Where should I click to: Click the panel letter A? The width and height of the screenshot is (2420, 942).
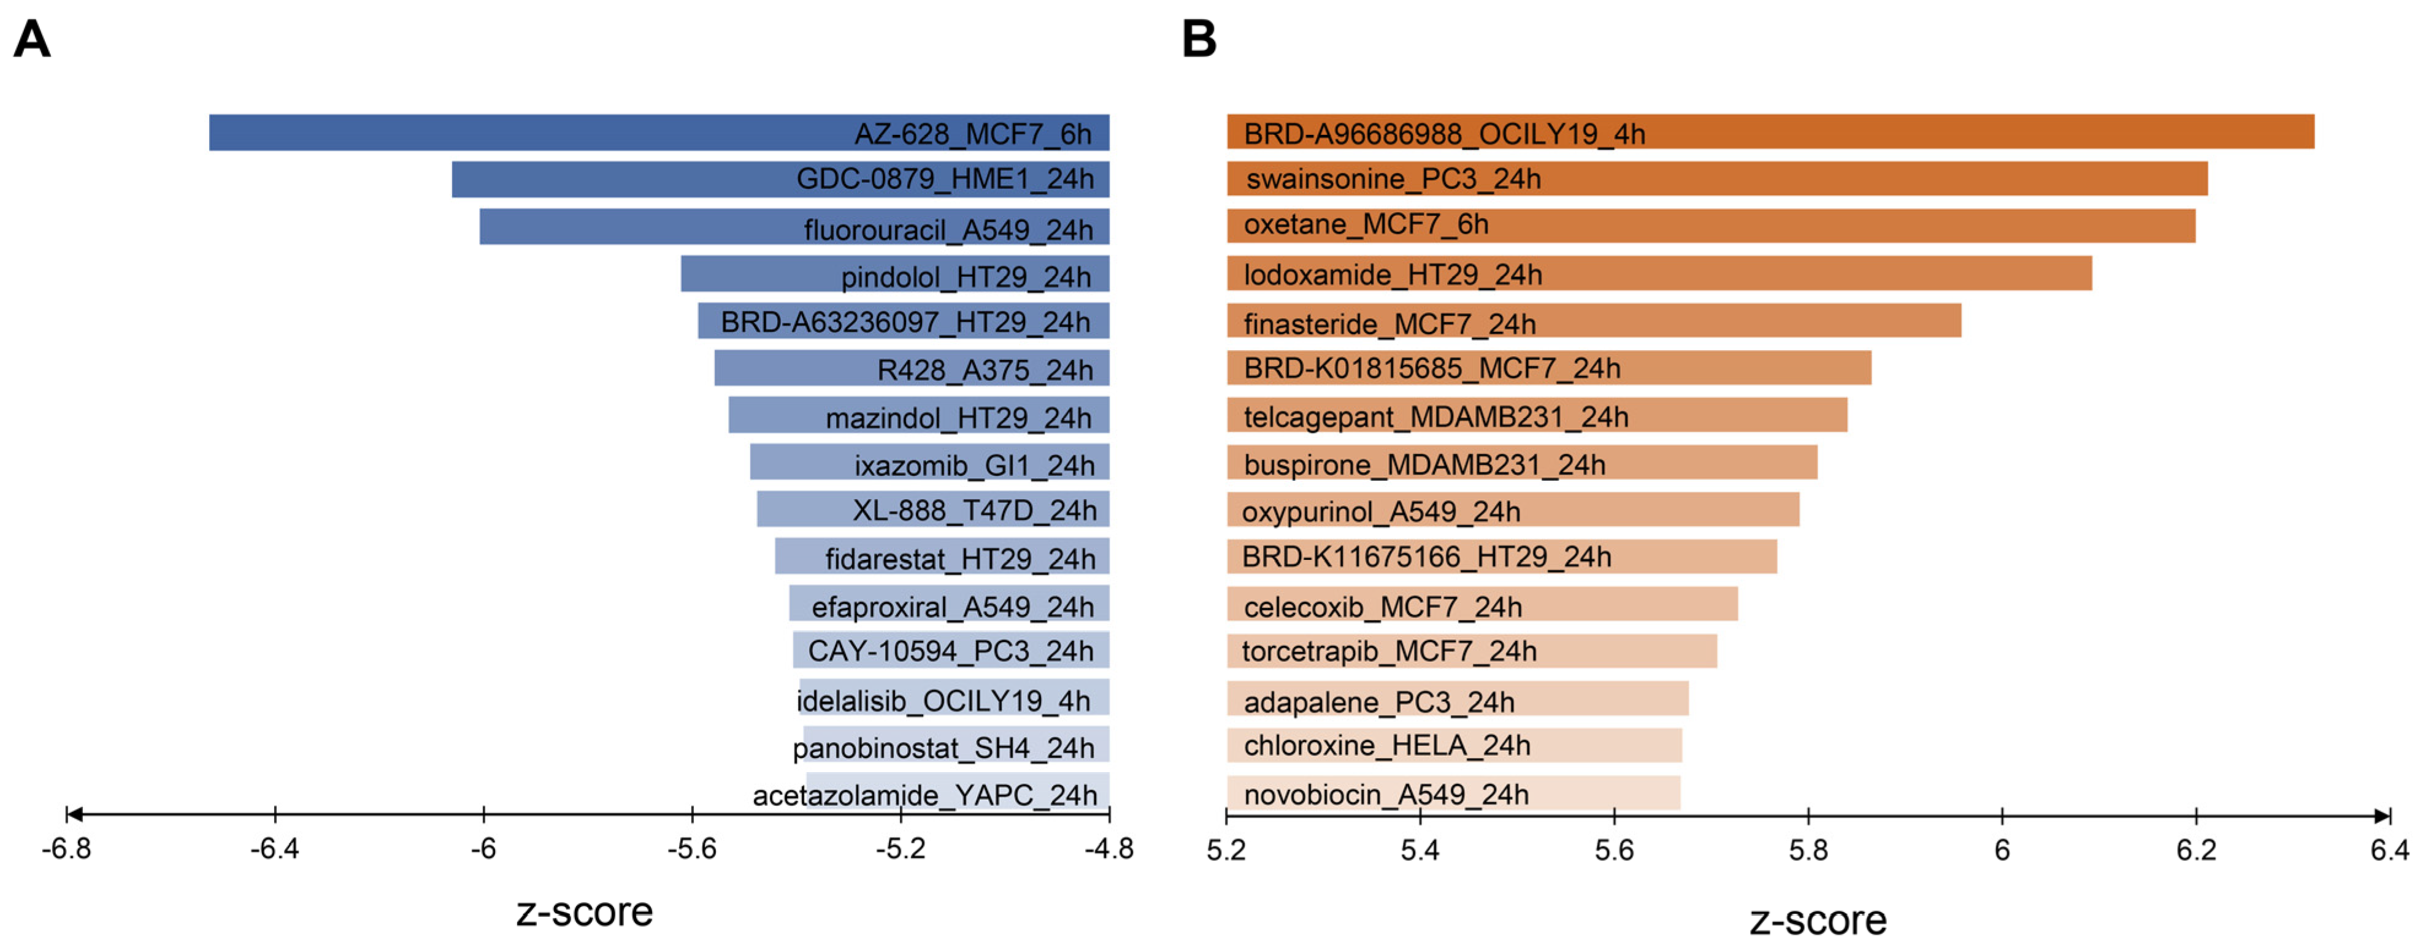pyautogui.click(x=32, y=40)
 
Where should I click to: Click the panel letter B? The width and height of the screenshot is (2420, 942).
pyautogui.click(x=1199, y=40)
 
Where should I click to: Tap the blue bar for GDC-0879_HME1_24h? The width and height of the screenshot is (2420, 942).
pyautogui.click(x=620, y=179)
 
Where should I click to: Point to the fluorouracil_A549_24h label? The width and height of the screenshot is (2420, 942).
pyautogui.click(x=948, y=230)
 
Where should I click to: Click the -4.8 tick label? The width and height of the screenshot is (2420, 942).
pyautogui.click(x=1108, y=849)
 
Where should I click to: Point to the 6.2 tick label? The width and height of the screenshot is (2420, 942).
pyautogui.click(x=2195, y=850)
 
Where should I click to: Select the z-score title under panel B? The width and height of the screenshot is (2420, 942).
pyautogui.click(x=1817, y=921)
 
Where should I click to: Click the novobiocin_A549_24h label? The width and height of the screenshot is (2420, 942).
pyautogui.click(x=1386, y=795)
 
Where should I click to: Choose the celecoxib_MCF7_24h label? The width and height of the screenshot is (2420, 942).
pyautogui.click(x=1382, y=607)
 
